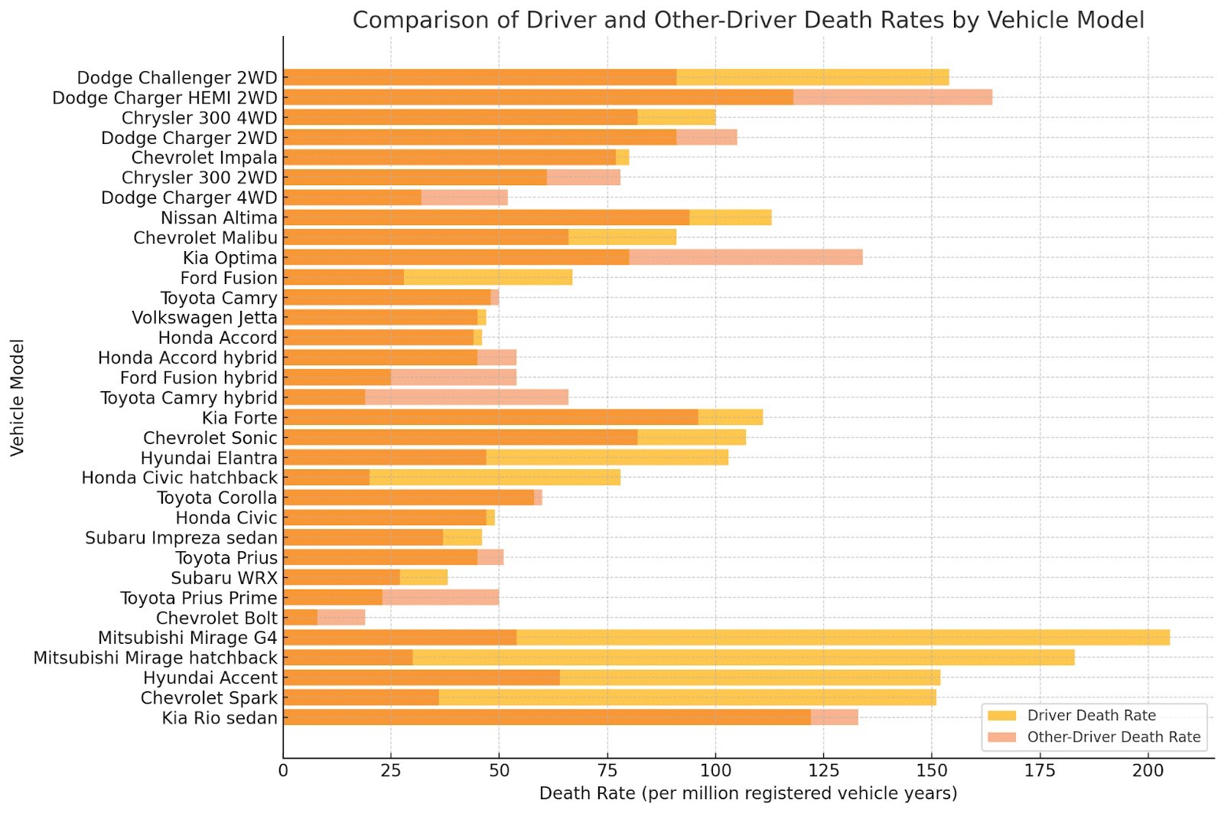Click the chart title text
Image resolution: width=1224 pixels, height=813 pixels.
(747, 20)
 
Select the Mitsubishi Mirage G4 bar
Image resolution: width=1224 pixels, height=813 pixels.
(726, 637)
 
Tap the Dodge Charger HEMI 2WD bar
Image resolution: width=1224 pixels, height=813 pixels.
(637, 97)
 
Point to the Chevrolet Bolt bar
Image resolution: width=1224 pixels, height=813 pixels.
(324, 617)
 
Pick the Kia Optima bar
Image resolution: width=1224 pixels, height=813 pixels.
(572, 257)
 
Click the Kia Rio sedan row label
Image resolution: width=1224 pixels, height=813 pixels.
(220, 718)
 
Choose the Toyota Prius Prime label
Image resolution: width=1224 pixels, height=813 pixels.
(199, 598)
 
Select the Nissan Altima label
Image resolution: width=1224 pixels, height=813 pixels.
(219, 218)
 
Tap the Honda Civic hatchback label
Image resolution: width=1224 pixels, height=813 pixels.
(180, 478)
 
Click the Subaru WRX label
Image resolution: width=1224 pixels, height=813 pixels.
(224, 578)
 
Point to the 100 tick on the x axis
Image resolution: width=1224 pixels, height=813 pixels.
(715, 770)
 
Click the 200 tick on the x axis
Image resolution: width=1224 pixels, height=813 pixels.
(1147, 770)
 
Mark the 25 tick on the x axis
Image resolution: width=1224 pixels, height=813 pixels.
(391, 770)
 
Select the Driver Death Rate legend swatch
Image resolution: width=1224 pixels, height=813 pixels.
(1001, 716)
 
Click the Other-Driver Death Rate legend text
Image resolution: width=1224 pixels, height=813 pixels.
(1113, 737)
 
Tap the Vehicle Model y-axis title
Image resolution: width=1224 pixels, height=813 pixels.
(18, 398)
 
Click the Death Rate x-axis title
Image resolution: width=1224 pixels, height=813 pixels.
(747, 793)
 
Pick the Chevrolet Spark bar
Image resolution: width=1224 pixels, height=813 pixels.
(609, 697)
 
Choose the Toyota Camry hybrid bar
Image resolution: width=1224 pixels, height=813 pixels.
(425, 397)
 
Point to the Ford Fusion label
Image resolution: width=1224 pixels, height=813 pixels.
(229, 278)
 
